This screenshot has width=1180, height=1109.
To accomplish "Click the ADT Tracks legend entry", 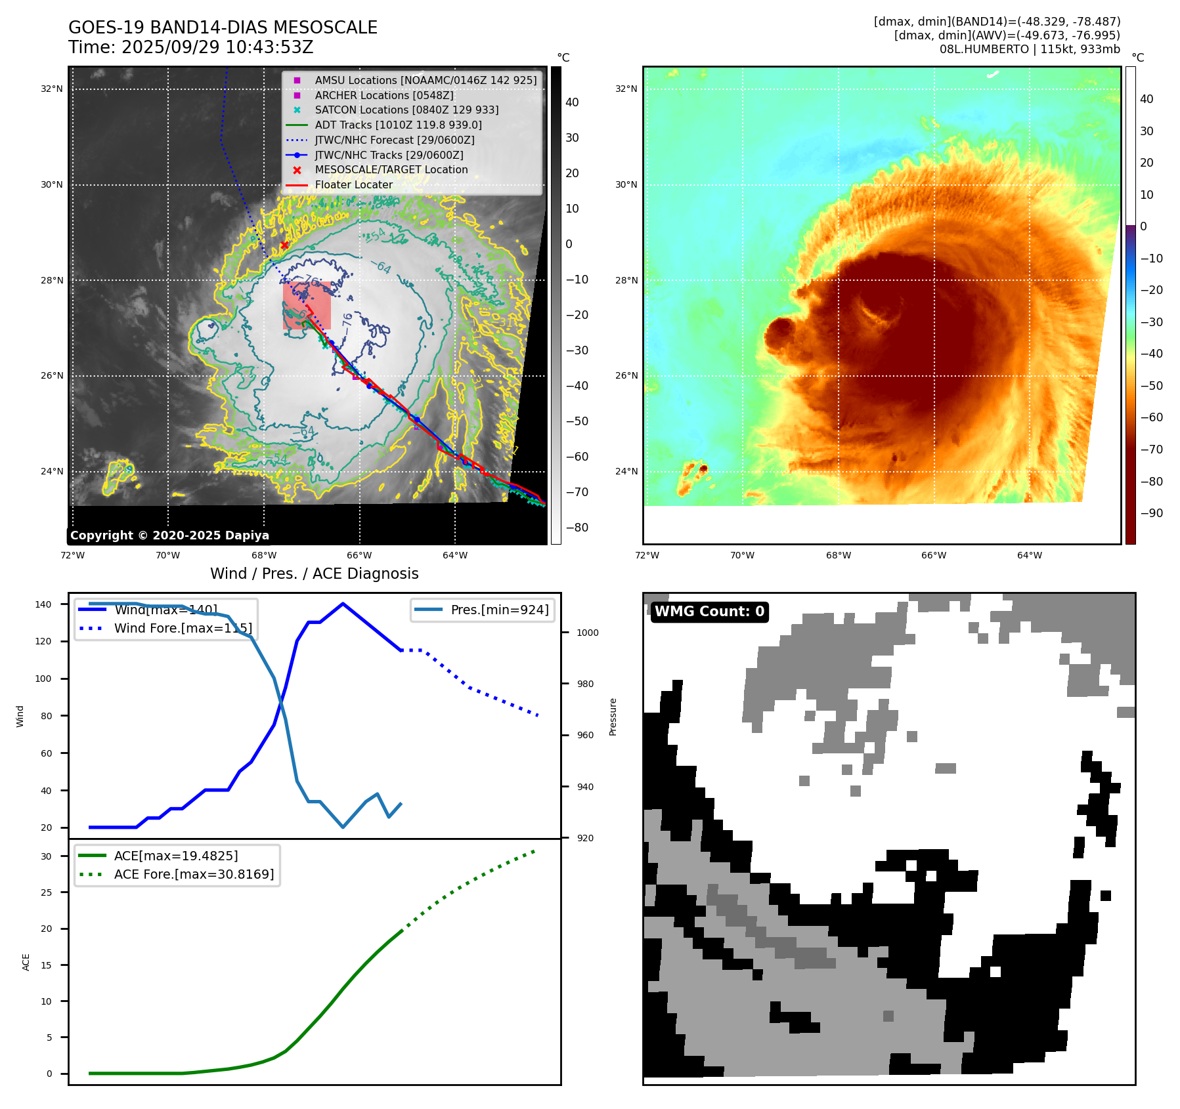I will (x=398, y=125).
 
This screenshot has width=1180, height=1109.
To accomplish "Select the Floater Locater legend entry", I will (x=353, y=185).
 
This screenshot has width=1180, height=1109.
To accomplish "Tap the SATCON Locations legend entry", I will (x=406, y=110).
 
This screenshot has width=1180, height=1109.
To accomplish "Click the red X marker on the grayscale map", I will (x=284, y=245).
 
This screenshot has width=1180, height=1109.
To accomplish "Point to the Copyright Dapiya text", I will (x=169, y=535).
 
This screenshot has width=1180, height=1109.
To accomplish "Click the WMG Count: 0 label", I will (x=709, y=612).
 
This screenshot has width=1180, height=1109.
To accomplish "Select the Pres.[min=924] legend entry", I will (x=499, y=610).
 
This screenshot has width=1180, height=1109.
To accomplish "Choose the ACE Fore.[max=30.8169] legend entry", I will (x=194, y=874).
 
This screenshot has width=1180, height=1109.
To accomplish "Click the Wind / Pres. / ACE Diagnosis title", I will (x=314, y=574).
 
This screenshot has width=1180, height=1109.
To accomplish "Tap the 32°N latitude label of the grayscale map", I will (x=52, y=89).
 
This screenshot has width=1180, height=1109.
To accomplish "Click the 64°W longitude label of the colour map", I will (x=1029, y=556).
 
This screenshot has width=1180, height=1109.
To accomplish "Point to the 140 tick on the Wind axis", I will (x=43, y=604).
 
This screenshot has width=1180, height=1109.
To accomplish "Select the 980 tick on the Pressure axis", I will (x=585, y=684).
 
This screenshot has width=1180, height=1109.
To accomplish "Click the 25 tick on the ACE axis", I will (x=46, y=892).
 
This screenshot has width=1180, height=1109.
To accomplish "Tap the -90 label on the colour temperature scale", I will (x=1151, y=513).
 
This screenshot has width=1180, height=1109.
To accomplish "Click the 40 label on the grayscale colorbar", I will (x=572, y=102).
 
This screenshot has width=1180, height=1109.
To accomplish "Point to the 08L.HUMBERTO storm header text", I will (x=1029, y=49).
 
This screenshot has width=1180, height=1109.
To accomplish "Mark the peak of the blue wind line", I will (x=343, y=604).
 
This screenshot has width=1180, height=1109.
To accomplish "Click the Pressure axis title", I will (x=613, y=717).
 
